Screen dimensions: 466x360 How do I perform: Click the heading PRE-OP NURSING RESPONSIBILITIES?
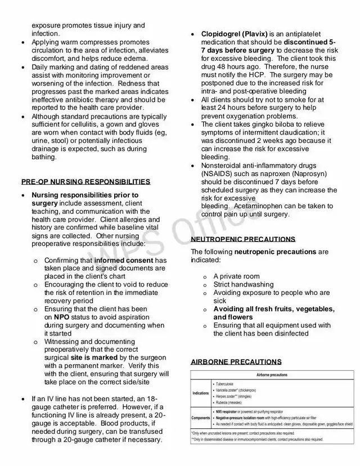point(85,182)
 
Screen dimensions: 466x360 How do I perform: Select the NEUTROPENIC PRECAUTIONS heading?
point(243,239)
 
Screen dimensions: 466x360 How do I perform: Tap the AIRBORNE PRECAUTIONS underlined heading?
point(236,361)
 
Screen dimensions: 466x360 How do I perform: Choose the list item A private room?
point(236,276)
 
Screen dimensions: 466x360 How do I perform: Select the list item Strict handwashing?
point(243,285)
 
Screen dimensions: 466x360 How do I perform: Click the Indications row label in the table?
point(200,393)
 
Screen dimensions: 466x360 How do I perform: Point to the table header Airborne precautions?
point(272,374)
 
